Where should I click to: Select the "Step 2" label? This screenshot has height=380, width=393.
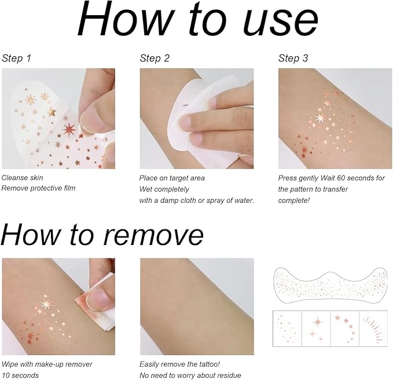pos(155,58)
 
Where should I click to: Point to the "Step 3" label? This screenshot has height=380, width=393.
pos(293,58)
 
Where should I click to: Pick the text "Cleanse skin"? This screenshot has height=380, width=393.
pos(23,178)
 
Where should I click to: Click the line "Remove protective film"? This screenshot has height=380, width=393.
pos(38,189)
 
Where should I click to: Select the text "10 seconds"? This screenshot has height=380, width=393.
pos(20,375)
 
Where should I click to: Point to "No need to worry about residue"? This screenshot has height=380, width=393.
pos(190,375)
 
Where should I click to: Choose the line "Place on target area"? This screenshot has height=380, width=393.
pos(172,178)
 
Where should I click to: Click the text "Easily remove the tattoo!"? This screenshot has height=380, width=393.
pos(179,364)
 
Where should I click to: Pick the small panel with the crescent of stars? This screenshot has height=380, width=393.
pos(344,328)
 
